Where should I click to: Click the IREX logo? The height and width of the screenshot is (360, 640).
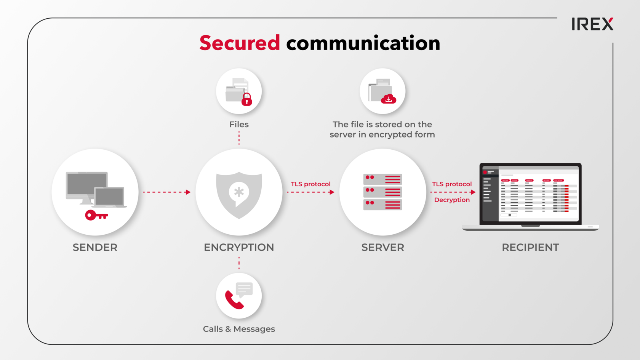(592, 24)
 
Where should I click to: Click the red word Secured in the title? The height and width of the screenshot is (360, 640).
(240, 43)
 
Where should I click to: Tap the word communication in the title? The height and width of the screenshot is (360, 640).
(363, 43)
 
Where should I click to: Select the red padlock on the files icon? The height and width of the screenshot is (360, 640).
(246, 99)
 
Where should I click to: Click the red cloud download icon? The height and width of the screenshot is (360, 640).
(389, 99)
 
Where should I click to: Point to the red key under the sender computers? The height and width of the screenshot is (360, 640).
(96, 215)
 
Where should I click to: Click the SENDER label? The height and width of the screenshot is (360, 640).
(95, 248)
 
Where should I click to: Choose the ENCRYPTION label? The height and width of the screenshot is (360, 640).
(239, 248)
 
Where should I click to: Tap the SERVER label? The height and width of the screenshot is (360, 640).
(383, 248)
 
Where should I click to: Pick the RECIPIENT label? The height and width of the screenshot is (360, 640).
(531, 248)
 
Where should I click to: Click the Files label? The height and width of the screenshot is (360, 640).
(239, 125)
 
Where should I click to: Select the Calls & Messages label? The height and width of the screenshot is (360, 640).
(239, 329)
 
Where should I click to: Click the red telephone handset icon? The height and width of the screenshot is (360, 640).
(234, 300)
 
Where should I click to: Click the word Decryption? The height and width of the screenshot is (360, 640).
(452, 200)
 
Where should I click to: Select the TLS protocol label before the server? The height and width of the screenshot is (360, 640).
(310, 184)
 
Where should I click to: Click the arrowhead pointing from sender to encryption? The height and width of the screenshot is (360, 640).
(188, 192)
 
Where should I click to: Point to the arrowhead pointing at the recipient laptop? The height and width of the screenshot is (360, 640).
(473, 192)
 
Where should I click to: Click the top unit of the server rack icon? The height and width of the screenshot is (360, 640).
(382, 179)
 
